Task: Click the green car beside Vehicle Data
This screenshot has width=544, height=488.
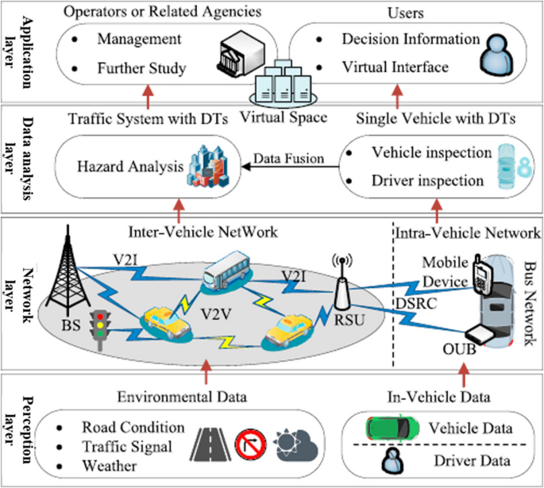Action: tap(392, 428)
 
